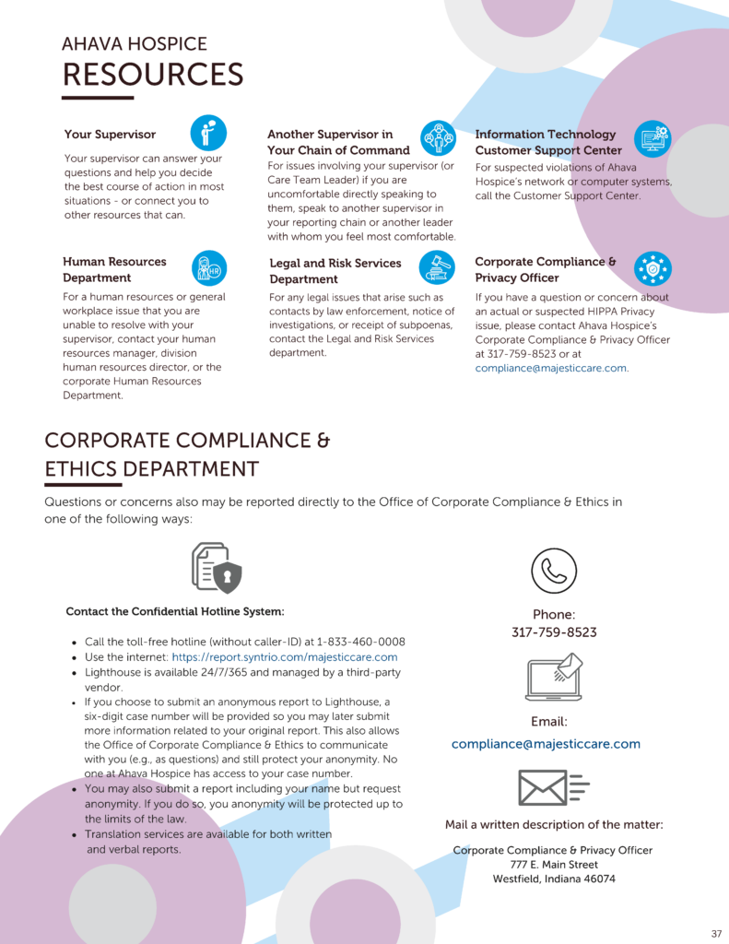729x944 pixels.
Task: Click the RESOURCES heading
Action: tap(152, 74)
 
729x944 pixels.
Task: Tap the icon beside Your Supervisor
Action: tap(208, 133)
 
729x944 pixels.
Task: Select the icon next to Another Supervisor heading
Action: tap(438, 138)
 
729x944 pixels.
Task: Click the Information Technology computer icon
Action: tap(653, 139)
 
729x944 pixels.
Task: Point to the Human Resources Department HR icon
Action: tap(208, 267)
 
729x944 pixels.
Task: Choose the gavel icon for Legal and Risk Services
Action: tap(437, 268)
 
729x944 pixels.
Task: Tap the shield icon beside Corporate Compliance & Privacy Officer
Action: tap(653, 268)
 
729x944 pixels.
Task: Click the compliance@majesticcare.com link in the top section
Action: tap(551, 368)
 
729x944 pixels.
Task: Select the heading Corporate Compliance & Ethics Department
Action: tap(187, 454)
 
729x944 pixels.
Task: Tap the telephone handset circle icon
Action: tap(554, 571)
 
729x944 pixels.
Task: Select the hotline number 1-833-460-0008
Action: tap(361, 642)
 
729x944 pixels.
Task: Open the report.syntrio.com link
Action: tap(285, 657)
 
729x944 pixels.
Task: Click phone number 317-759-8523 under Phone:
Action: tap(554, 632)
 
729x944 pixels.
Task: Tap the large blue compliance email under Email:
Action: tap(546, 744)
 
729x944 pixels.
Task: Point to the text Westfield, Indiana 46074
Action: tap(554, 879)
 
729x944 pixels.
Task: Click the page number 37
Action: tap(716, 933)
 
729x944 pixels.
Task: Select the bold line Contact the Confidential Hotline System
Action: tap(175, 611)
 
